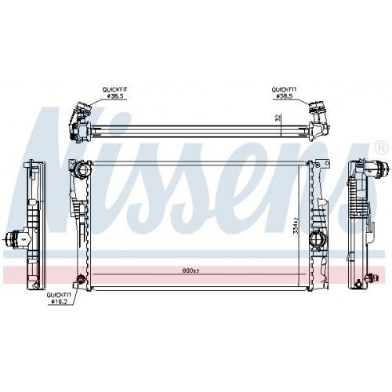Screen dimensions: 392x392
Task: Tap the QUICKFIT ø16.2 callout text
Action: [60, 296]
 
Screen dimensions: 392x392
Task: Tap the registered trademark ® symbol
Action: [380, 147]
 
